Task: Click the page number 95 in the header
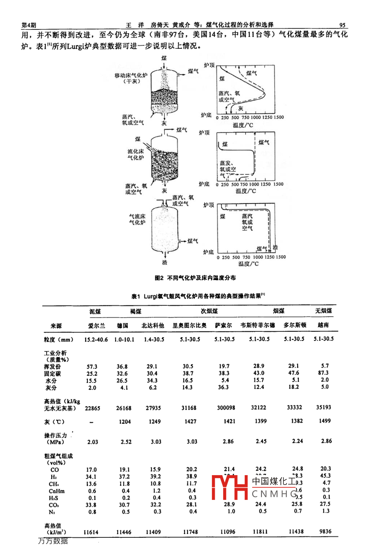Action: [342, 25]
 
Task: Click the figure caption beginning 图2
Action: [195, 278]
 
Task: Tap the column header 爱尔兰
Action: [97, 325]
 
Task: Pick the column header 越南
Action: [323, 325]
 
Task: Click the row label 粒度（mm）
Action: [58, 340]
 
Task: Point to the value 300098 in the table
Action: [226, 408]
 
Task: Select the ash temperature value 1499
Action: [325, 420]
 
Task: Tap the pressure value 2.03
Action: [92, 442]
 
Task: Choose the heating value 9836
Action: [325, 531]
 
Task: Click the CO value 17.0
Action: [91, 470]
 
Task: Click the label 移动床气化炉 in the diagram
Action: [131, 75]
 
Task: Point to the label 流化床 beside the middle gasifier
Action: [135, 151]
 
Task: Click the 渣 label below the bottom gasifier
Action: [165, 262]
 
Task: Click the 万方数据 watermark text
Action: [53, 541]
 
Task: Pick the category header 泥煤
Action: [95, 312]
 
